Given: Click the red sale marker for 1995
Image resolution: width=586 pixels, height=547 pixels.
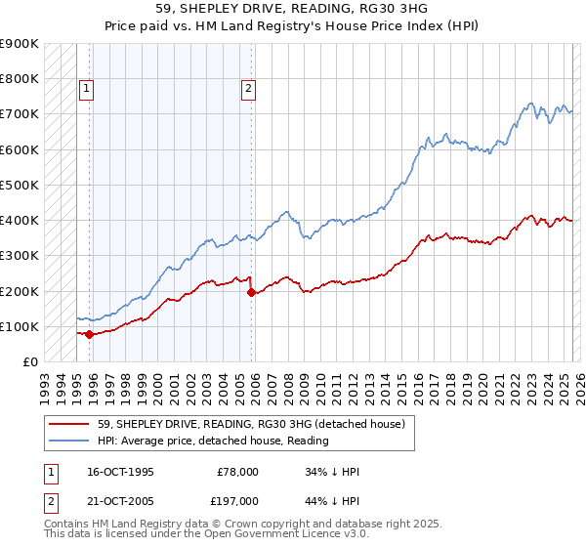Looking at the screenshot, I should tap(90, 334).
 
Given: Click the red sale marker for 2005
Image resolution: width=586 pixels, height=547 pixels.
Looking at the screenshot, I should tap(252, 292).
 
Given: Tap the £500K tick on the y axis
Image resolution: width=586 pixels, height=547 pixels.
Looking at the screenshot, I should tap(20, 185).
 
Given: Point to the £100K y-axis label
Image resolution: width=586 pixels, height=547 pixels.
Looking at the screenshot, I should tap(20, 326).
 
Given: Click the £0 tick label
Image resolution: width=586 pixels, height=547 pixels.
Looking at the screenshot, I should tap(29, 361).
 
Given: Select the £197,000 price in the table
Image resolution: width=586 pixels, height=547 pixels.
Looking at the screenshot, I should tap(238, 501).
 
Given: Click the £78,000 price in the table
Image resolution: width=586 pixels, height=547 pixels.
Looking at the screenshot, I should tap(238, 472).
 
